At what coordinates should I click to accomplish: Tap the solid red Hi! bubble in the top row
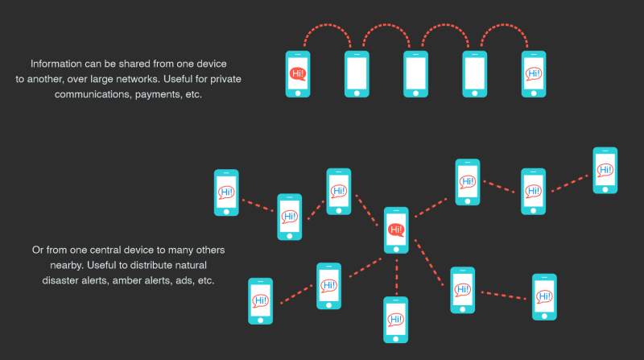[x=298, y=74]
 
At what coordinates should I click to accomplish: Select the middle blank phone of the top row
[x=415, y=73]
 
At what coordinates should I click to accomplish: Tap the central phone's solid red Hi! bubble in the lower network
[x=396, y=230]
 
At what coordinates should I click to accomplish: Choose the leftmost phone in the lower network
[x=226, y=192]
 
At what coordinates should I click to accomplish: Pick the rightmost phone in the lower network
[x=605, y=170]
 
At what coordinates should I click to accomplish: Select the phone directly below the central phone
[x=396, y=319]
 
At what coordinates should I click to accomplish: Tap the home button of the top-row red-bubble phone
[x=298, y=92]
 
